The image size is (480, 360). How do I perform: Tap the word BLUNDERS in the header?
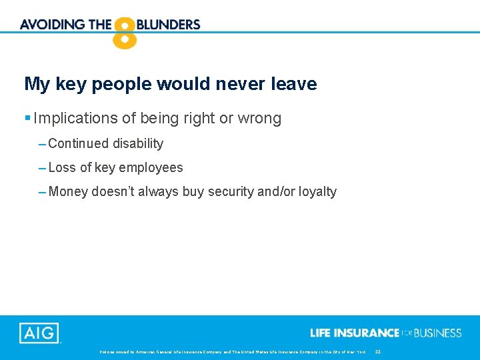click(x=169, y=25)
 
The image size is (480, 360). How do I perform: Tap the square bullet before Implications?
click(x=27, y=119)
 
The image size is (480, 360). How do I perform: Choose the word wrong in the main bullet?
click(x=261, y=119)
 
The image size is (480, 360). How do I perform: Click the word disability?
click(x=138, y=143)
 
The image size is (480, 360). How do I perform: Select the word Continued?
click(x=79, y=143)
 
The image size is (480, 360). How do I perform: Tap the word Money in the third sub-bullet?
click(x=68, y=191)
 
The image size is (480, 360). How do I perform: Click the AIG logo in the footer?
click(x=39, y=333)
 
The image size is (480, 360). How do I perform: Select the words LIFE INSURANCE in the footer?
click(x=355, y=333)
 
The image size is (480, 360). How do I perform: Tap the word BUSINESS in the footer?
click(x=437, y=333)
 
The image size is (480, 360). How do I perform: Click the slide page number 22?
click(x=378, y=351)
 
